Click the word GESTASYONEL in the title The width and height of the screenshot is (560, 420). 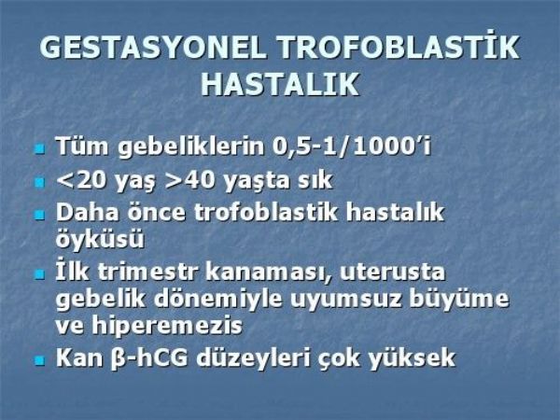click(x=153, y=48)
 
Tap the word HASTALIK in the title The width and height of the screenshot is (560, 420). click(x=280, y=84)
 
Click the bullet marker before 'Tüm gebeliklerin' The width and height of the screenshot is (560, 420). click(x=40, y=147)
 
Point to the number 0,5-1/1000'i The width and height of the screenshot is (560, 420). click(x=352, y=147)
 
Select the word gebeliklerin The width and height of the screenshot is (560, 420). click(x=190, y=147)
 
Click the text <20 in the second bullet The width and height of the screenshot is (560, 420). click(x=80, y=180)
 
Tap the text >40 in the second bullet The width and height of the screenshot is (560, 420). click(x=190, y=180)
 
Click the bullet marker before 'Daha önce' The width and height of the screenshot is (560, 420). click(x=40, y=215)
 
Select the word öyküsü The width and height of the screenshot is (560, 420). click(x=100, y=239)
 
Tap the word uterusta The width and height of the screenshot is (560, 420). click(x=392, y=273)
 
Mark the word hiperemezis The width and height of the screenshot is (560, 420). click(x=167, y=326)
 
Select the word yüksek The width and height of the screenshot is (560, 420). click(x=412, y=357)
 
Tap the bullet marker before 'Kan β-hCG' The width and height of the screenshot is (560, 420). click(x=40, y=360)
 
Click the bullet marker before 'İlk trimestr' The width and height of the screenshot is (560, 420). click(x=40, y=275)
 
